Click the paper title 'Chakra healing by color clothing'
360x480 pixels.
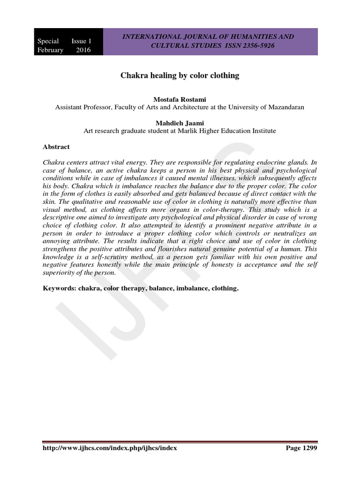[x=180, y=75]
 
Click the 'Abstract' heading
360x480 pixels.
[x=56, y=147]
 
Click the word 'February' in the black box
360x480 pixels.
[x=51, y=50]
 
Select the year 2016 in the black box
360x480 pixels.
[x=83, y=50]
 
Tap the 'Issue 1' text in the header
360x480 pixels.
[x=82, y=41]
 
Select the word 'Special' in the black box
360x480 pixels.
[x=48, y=41]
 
